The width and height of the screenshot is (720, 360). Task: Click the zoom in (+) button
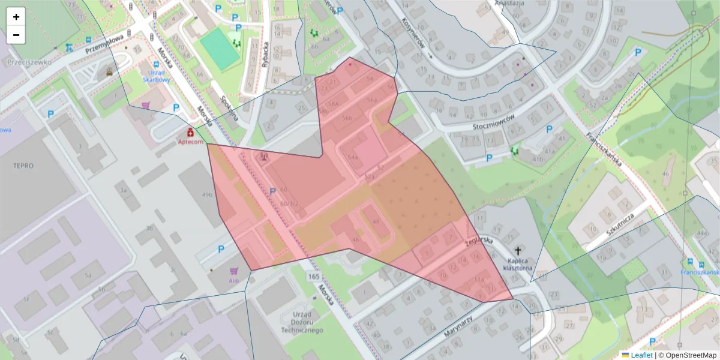point(16,17)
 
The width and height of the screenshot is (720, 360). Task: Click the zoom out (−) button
point(16,35)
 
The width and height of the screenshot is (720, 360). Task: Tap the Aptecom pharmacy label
point(191,142)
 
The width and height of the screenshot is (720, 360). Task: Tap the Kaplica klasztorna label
point(518,265)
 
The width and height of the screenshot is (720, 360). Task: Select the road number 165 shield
point(313,277)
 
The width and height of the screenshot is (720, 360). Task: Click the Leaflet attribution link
point(641,355)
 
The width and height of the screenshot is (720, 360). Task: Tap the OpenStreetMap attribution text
point(690,355)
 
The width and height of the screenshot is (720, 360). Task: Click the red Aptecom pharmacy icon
point(191,131)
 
